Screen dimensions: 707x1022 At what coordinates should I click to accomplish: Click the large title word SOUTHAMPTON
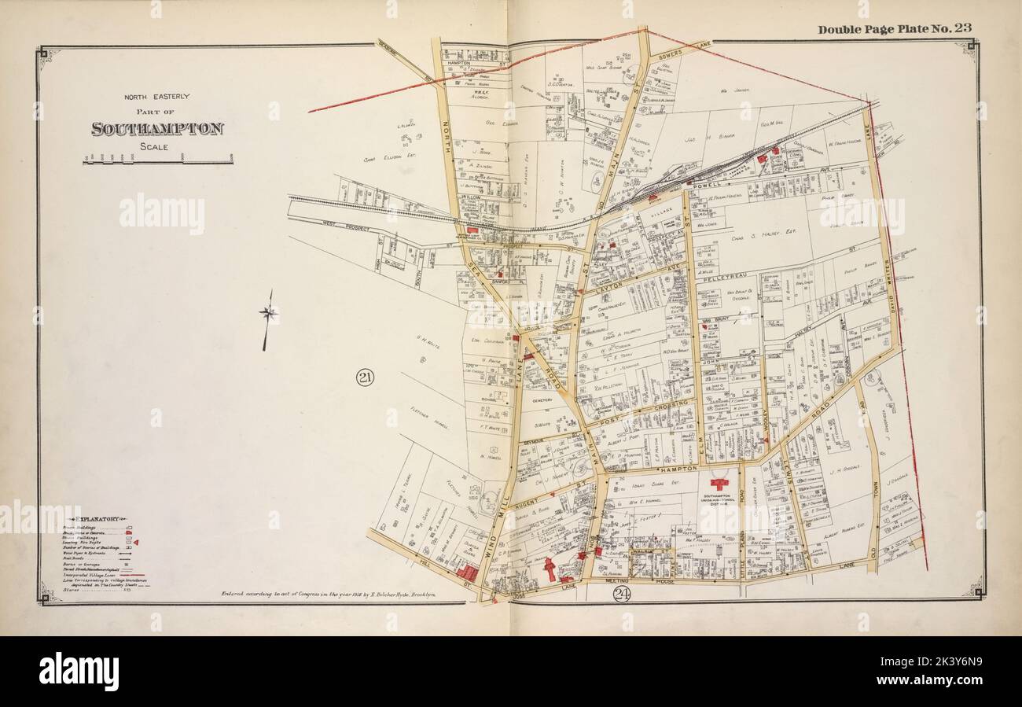click(157, 129)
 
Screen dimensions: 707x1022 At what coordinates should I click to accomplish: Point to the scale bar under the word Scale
click(157, 160)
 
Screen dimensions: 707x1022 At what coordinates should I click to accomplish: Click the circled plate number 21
click(365, 378)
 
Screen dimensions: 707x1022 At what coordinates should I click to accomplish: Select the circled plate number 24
click(622, 593)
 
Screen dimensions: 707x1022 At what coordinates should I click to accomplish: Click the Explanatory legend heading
click(95, 519)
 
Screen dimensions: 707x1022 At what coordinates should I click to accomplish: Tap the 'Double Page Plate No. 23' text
click(894, 29)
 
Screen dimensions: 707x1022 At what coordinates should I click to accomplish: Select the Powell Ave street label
click(711, 186)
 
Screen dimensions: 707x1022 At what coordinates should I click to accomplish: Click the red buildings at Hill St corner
click(466, 573)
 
